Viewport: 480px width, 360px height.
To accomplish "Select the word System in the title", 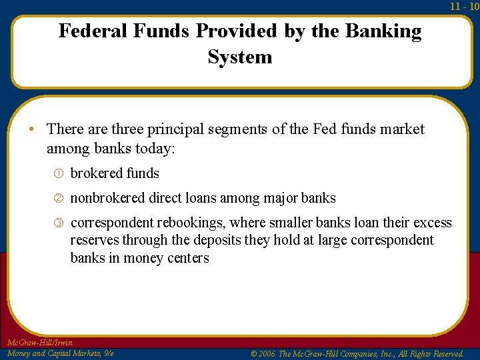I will tap(240, 57).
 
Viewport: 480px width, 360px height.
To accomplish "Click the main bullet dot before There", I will tap(31, 129).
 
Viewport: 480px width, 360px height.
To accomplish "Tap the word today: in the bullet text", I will tap(155, 147).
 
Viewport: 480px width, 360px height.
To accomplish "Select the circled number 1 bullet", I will tap(59, 173).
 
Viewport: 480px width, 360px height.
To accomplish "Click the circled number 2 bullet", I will tap(59, 198).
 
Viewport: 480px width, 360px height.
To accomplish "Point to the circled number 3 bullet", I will tap(59, 223).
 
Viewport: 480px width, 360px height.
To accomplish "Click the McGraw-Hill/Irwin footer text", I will tap(39, 343).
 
